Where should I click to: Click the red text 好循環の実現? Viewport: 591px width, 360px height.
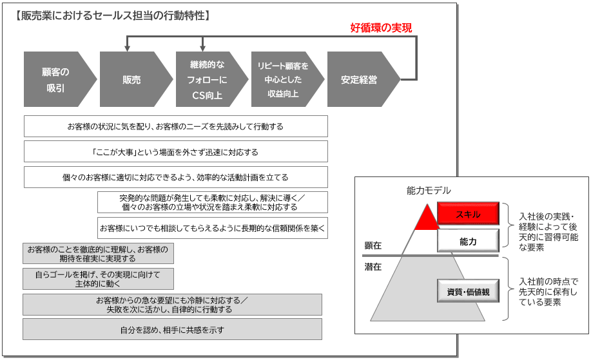pyautogui.click(x=381, y=28)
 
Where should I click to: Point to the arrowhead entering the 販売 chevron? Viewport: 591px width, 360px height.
pyautogui.click(x=128, y=48)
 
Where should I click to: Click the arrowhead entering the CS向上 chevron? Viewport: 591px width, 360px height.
pyautogui.click(x=203, y=48)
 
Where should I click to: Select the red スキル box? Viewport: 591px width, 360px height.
pyautogui.click(x=468, y=214)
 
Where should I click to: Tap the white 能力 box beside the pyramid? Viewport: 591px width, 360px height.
pyautogui.click(x=468, y=241)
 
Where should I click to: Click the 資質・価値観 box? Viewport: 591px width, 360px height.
pyautogui.click(x=468, y=290)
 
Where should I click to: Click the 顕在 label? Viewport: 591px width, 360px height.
pyautogui.click(x=373, y=245)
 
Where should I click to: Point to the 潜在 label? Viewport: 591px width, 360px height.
pyautogui.click(x=373, y=267)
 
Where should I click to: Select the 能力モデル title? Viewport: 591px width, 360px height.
pyautogui.click(x=429, y=191)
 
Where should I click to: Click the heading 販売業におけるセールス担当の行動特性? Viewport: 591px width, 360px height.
pyautogui.click(x=113, y=15)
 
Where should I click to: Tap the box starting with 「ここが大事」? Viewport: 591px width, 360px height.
pyautogui.click(x=176, y=151)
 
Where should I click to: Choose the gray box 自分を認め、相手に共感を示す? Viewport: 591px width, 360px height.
pyautogui.click(x=172, y=330)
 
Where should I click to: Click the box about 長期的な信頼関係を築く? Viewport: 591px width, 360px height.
pyautogui.click(x=213, y=228)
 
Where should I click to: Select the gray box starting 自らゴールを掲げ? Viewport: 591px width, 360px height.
pyautogui.click(x=98, y=279)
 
